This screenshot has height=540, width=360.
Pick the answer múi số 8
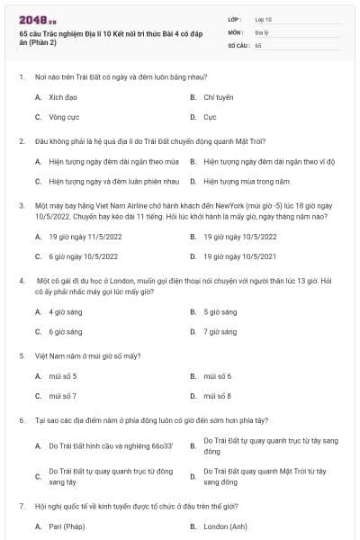click(x=218, y=395)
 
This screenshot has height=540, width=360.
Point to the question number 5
click(x=22, y=355)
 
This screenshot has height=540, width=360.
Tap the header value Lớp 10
click(x=264, y=19)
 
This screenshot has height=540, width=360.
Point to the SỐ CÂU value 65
click(x=258, y=44)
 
